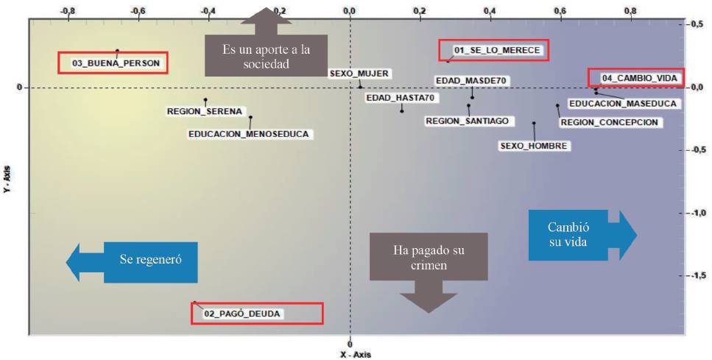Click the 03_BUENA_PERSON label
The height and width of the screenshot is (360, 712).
tap(116, 63)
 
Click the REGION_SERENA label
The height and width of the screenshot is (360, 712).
tap(204, 112)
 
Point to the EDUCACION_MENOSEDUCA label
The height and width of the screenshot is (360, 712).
tap(250, 134)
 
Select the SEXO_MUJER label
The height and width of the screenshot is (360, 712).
tap(359, 74)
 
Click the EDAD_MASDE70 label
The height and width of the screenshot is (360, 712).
tap(473, 80)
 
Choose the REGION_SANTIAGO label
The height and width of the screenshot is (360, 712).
tap(467, 121)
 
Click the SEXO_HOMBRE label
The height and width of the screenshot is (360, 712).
tap(534, 146)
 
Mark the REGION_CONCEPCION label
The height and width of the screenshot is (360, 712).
tap(609, 122)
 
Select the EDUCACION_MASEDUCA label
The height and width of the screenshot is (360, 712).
tap(622, 104)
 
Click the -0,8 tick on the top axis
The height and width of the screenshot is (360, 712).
tap(68, 11)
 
